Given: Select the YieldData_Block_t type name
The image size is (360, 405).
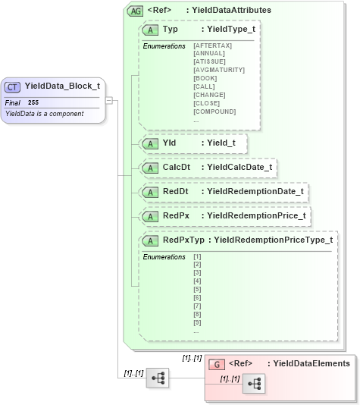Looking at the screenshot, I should pos(62,86).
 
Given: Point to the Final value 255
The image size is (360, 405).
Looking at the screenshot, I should pos(33,102).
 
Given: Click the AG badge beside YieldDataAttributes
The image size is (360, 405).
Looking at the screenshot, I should pos(136,11).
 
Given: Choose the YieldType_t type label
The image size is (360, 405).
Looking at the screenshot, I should pos(230,29).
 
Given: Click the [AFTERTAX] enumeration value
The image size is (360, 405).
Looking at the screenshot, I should pos(213,46).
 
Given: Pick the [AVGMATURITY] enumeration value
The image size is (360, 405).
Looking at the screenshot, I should pos(219,70).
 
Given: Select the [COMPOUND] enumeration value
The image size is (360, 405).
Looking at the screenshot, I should pos(215,111).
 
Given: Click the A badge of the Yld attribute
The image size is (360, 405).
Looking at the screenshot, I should pos(151,142).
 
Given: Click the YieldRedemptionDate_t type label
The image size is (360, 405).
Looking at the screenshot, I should pos(255,192).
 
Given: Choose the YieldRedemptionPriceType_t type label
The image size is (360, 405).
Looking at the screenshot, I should pos(273,240).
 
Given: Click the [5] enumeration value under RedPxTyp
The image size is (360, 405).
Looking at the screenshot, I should pos(198,289).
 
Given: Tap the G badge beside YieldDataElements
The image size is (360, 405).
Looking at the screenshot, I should pos(217,364).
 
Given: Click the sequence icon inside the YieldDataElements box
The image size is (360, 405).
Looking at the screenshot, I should pos(254,384).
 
